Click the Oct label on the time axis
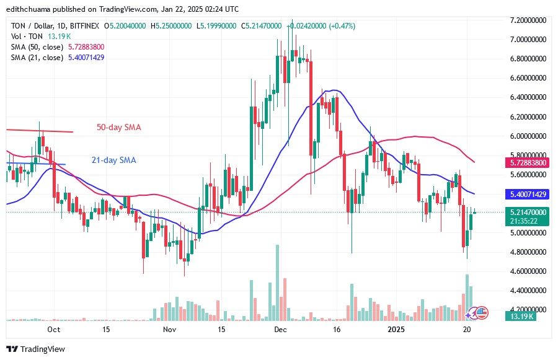coord(54,329)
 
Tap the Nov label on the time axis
coord(169,329)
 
